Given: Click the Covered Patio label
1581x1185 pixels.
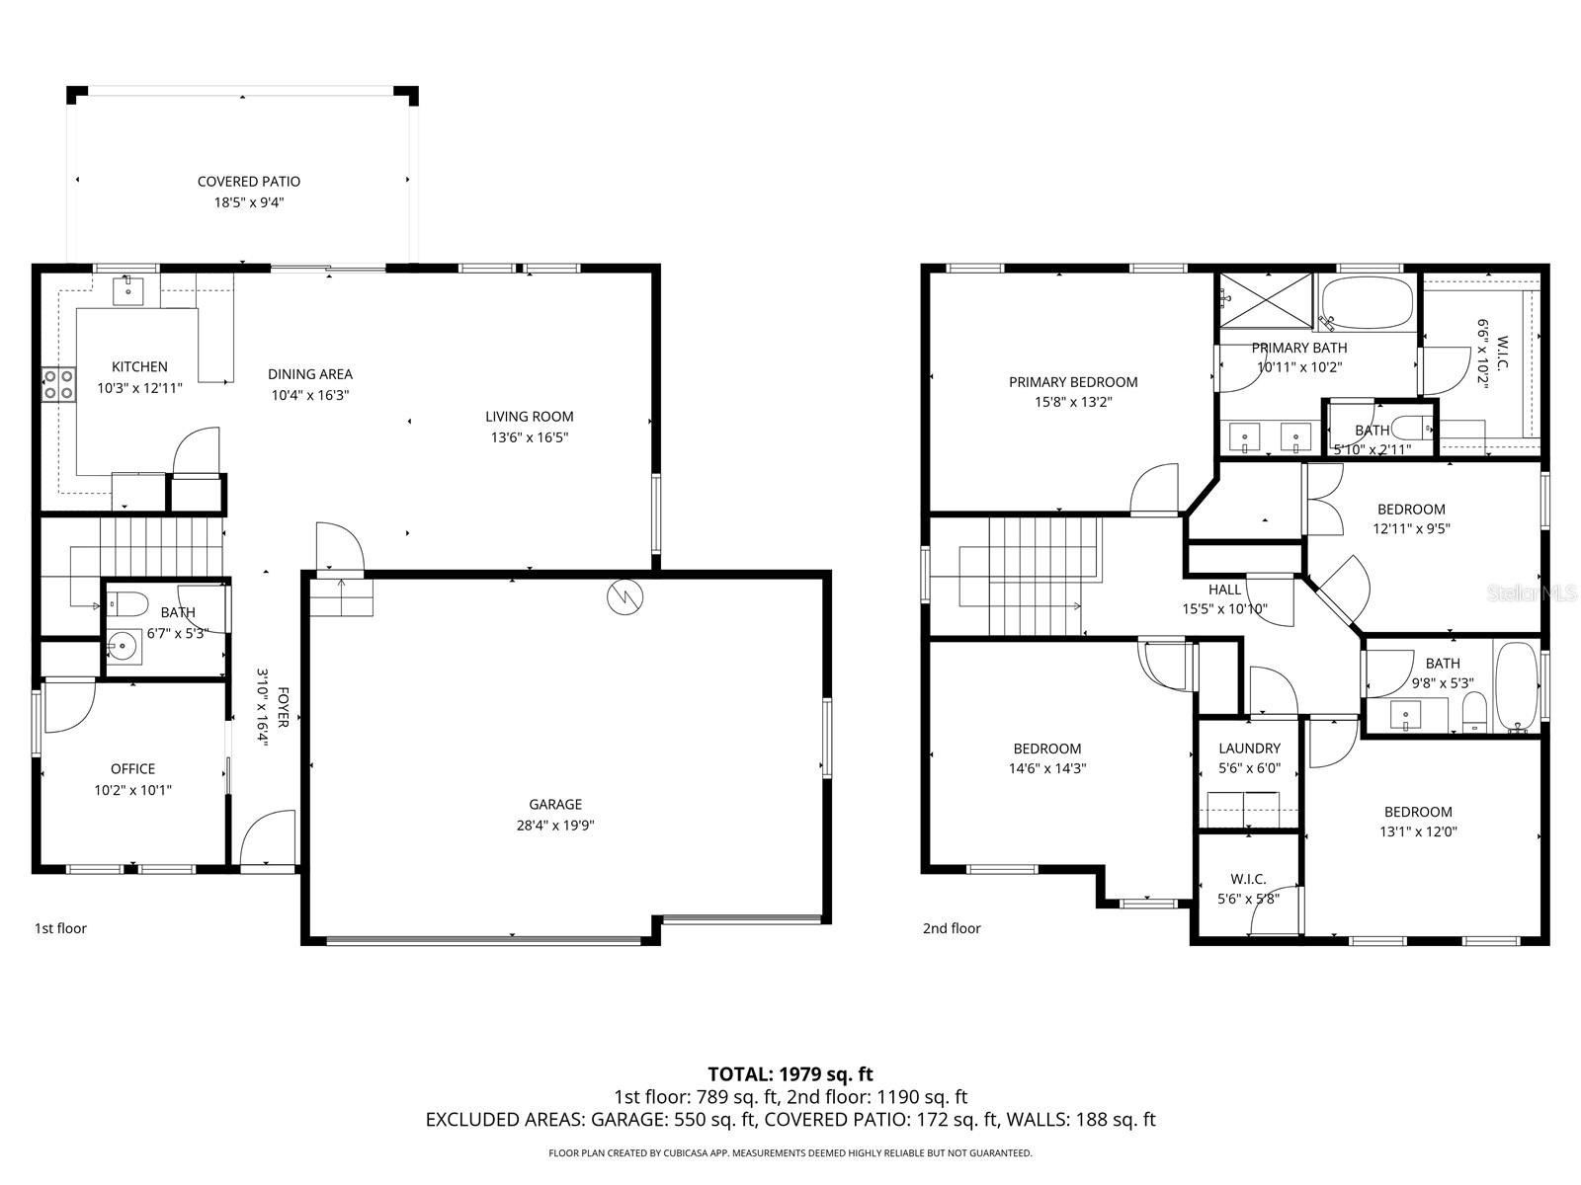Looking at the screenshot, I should pos(248,182).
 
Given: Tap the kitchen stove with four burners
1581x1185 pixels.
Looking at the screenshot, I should pos(58,383).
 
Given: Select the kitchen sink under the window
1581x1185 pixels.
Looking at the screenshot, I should pos(127,290).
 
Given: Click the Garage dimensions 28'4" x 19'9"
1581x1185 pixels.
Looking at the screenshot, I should pos(555,826).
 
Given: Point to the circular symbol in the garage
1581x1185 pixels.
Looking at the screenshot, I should pos(624,595).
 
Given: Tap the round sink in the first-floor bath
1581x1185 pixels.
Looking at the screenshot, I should pos(124,648).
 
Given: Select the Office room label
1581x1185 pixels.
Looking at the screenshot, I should pos(132,768).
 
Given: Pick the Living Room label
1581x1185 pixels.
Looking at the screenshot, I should pos(529,417).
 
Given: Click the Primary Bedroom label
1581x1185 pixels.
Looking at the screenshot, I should pos(1072,382).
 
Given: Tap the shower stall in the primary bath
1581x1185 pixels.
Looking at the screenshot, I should pos(1266,299).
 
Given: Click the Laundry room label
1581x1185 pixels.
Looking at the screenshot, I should pos(1249,749).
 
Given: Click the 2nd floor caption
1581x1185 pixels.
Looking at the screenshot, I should pos(952,928).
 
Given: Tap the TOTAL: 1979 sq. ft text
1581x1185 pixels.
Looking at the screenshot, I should pos(790,1073).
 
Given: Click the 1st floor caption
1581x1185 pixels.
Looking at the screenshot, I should pos(61,928).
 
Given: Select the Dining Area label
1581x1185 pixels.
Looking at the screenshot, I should pos(310,374).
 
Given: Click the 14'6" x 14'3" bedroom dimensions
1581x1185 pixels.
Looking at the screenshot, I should pos(1046,768).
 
